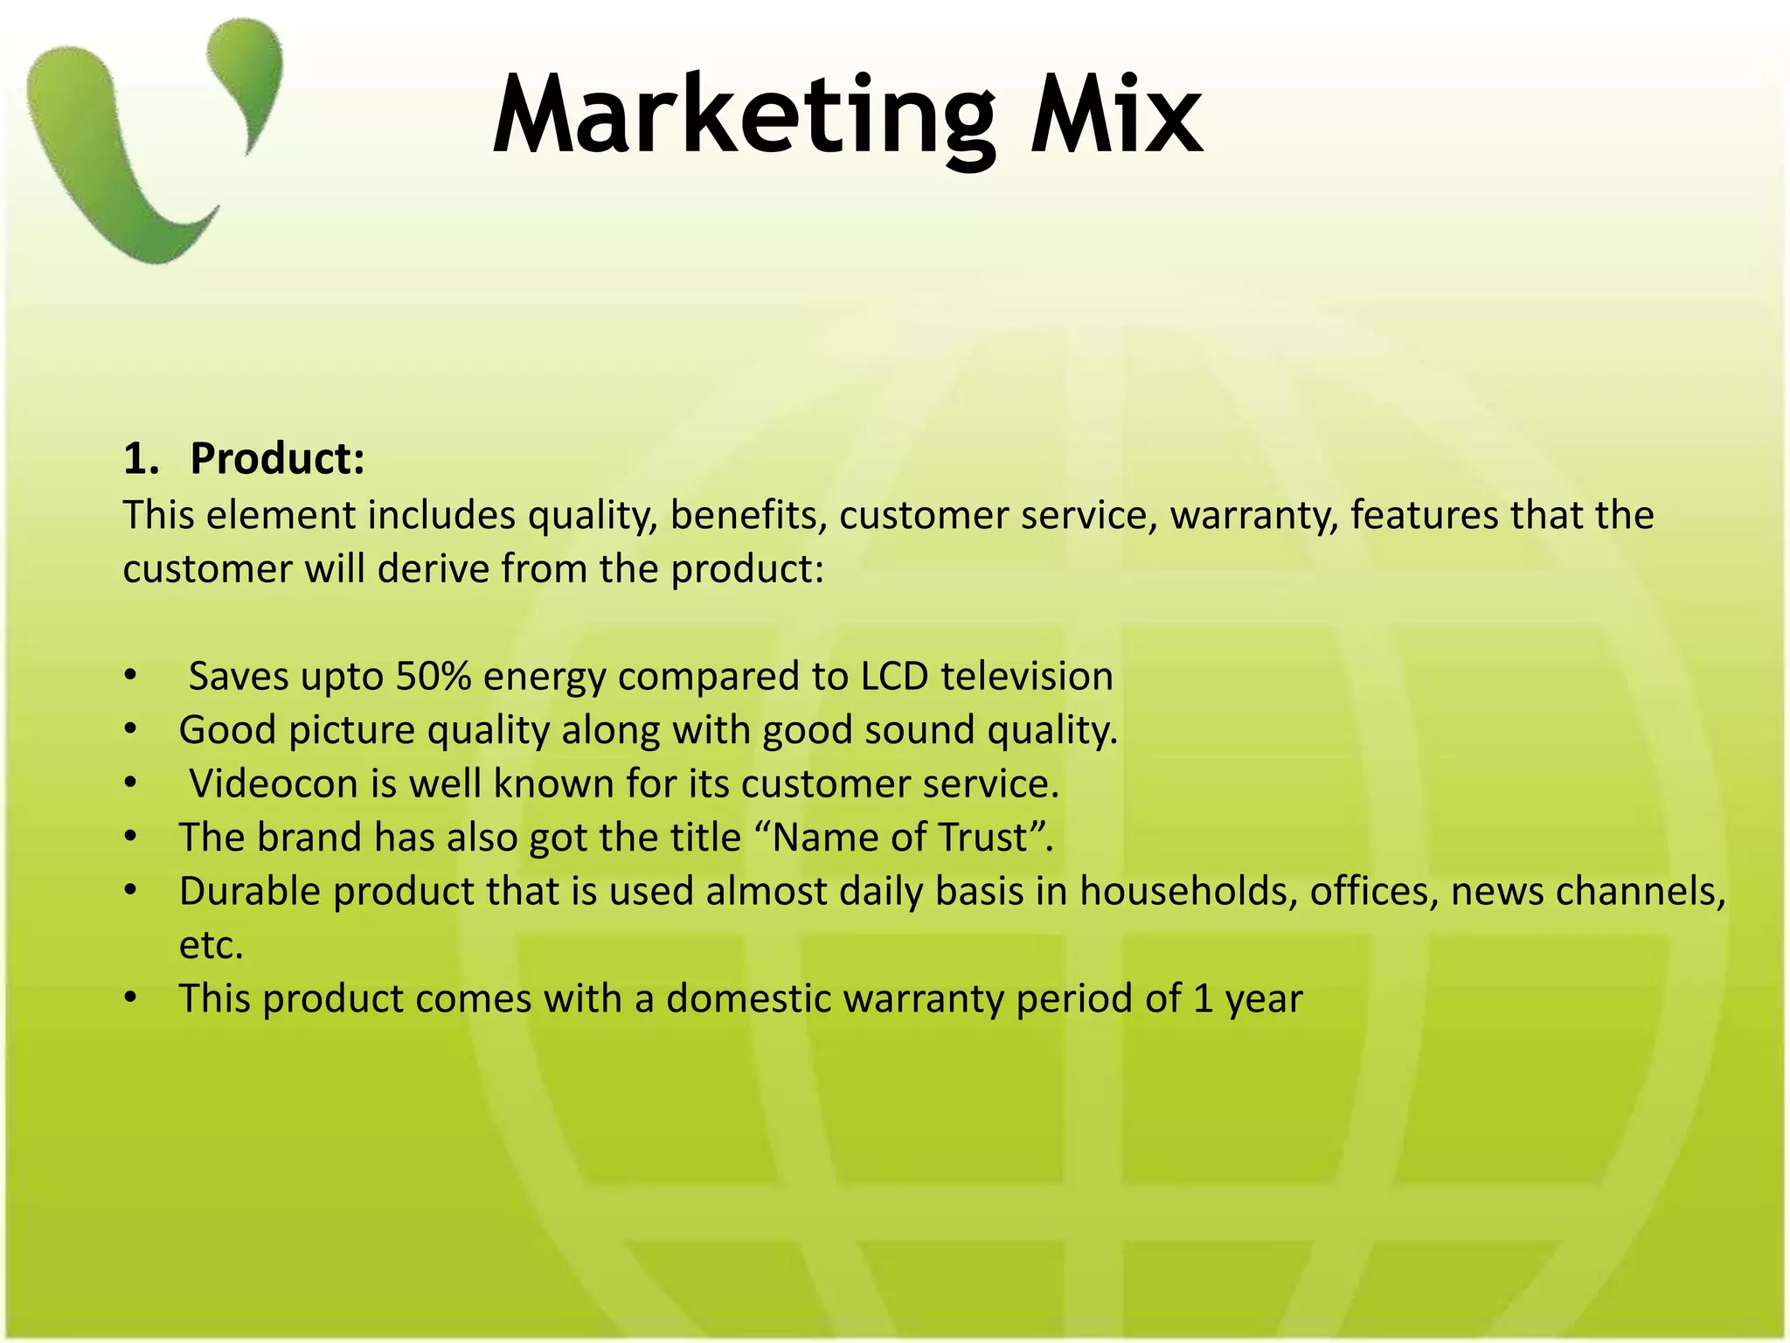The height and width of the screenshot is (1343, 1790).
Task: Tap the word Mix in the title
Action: [x=1117, y=116]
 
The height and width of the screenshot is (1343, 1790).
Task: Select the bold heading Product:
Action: [x=277, y=459]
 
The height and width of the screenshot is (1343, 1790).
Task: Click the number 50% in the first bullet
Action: [x=434, y=677]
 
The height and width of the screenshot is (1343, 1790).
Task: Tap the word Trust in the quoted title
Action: [x=982, y=838]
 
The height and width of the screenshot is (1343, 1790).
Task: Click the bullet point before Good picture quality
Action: [x=130, y=730]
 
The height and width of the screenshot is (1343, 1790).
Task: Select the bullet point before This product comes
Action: [x=130, y=999]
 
